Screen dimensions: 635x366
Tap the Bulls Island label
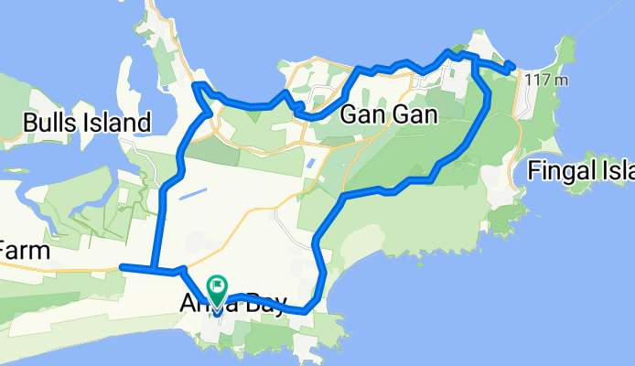point(87,123)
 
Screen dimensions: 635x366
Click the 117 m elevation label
point(547,81)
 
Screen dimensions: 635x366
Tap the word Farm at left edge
point(23,249)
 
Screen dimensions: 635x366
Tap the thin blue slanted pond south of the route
point(193,192)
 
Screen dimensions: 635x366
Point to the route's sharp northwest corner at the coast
point(195,86)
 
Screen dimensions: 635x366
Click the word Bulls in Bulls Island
point(54,123)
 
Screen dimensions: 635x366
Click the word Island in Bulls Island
point(118,123)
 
